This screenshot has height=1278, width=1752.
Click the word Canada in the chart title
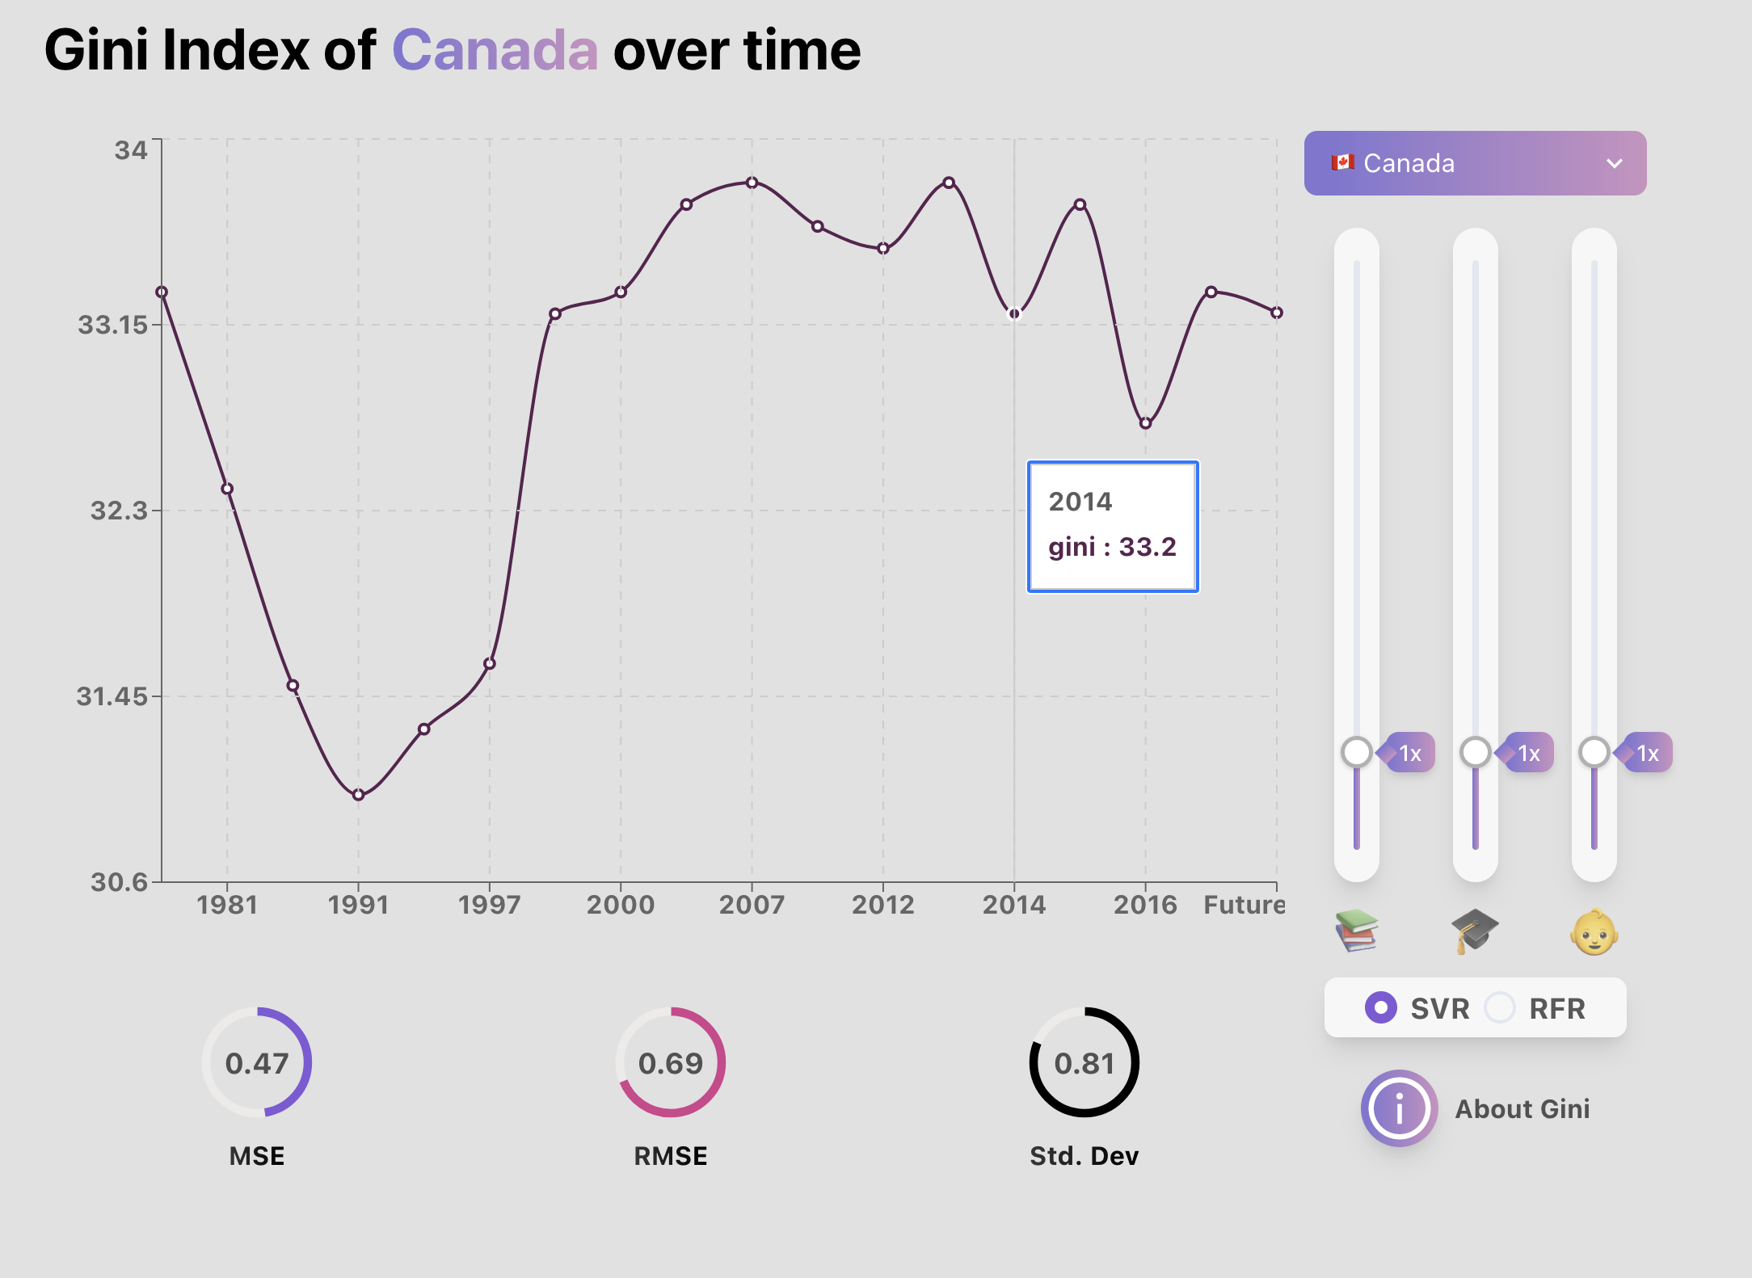(495, 50)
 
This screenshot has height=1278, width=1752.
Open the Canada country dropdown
(1474, 163)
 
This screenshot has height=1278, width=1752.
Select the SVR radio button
(1380, 1007)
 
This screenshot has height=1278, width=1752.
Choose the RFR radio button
(1500, 1007)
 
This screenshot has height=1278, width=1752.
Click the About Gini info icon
(1399, 1108)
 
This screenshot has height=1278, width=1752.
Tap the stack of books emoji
(1356, 931)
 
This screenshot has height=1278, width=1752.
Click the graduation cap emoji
(1475, 931)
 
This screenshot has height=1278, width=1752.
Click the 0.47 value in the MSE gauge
(257, 1063)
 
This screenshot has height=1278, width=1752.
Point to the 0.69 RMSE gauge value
(671, 1063)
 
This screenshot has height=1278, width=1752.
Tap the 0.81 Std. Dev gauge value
(1084, 1063)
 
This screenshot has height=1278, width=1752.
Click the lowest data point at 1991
(359, 795)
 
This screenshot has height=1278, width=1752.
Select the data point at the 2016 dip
(1145, 422)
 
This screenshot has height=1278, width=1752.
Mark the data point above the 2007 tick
(752, 183)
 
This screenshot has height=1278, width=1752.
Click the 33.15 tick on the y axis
(112, 325)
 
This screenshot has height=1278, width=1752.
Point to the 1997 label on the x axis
(489, 904)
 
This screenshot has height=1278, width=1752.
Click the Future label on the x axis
(1243, 904)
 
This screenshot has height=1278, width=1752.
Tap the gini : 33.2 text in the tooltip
(1112, 547)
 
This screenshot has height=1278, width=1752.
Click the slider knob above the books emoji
(1356, 752)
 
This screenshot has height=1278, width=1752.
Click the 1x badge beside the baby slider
(1649, 753)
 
